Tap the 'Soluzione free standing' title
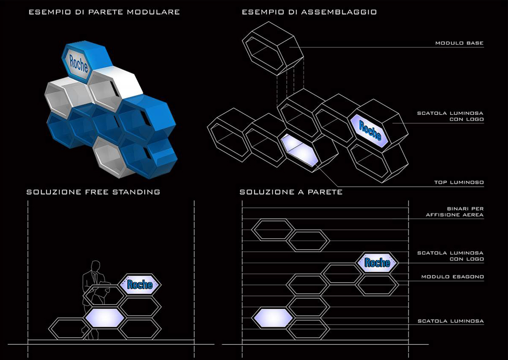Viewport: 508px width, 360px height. tap(93, 192)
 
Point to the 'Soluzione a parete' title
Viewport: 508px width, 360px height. tap(291, 192)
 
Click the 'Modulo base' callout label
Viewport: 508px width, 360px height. tap(459, 43)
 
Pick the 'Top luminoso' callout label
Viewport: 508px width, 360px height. tap(459, 183)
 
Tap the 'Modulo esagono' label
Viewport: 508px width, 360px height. tap(453, 277)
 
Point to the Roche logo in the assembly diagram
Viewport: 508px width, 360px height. tap(370, 130)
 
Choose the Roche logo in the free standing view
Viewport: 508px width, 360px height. tap(140, 284)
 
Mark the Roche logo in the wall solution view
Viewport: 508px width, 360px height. tap(377, 263)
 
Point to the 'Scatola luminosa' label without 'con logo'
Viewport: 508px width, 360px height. tap(450, 321)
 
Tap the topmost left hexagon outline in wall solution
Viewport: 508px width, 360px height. tap(272, 230)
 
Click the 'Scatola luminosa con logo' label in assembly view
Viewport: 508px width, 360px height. tap(450, 116)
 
